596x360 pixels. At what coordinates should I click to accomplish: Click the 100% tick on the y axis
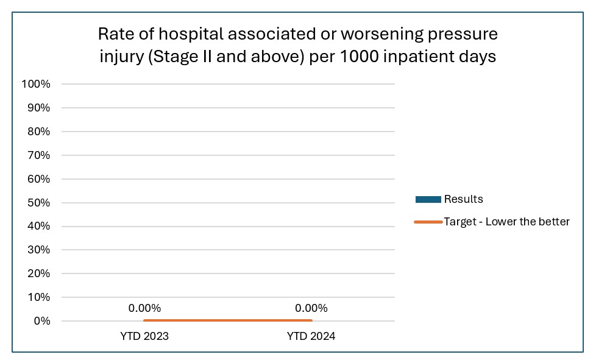(35, 84)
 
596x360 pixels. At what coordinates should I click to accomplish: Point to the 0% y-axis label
(41, 321)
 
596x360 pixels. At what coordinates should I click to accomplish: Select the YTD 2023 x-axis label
(144, 336)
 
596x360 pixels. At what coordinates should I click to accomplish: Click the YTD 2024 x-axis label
(311, 336)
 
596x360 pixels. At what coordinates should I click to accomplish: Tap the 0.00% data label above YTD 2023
(144, 308)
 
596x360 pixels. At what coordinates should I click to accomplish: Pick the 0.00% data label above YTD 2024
(311, 308)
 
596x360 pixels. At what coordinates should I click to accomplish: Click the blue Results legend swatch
(428, 200)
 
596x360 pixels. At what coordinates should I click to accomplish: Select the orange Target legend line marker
(428, 222)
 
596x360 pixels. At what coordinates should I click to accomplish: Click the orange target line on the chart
(227, 320)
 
